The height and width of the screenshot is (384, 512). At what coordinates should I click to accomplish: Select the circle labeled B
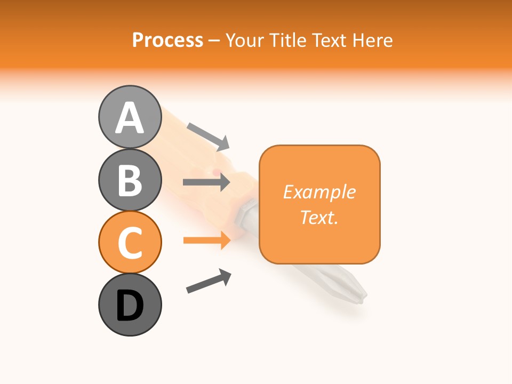[130, 180]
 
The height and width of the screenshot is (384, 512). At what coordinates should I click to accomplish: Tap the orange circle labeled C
[130, 242]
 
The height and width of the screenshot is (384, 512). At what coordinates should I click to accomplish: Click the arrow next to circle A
[208, 136]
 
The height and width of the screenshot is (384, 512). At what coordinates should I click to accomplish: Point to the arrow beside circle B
[206, 182]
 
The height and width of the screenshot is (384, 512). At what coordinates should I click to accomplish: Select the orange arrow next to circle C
[206, 241]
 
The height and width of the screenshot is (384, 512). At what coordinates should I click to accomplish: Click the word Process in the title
[167, 40]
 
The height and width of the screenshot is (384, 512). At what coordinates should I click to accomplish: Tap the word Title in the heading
[287, 40]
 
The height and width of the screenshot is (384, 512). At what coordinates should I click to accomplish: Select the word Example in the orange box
[319, 192]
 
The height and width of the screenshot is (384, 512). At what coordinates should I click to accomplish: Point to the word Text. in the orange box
[319, 217]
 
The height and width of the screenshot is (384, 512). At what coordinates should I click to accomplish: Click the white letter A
[130, 118]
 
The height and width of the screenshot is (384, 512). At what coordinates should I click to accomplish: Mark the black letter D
[130, 306]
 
